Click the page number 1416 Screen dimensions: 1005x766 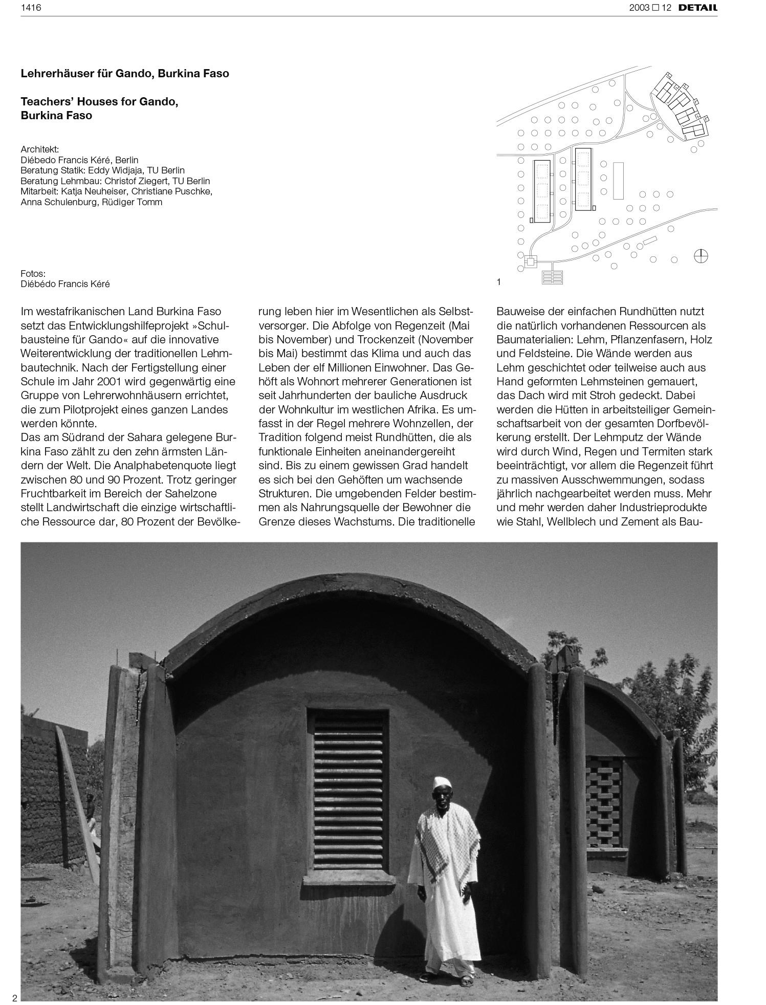tap(31, 7)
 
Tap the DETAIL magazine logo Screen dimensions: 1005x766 tap(697, 8)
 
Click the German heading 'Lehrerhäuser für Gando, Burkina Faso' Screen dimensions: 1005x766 tap(125, 74)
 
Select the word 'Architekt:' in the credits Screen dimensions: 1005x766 tap(40, 149)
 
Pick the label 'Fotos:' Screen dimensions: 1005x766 tap(33, 274)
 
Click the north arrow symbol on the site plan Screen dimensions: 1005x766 tap(701, 255)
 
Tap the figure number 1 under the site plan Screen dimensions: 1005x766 tap(499, 282)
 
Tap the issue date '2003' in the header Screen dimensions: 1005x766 tap(640, 8)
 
